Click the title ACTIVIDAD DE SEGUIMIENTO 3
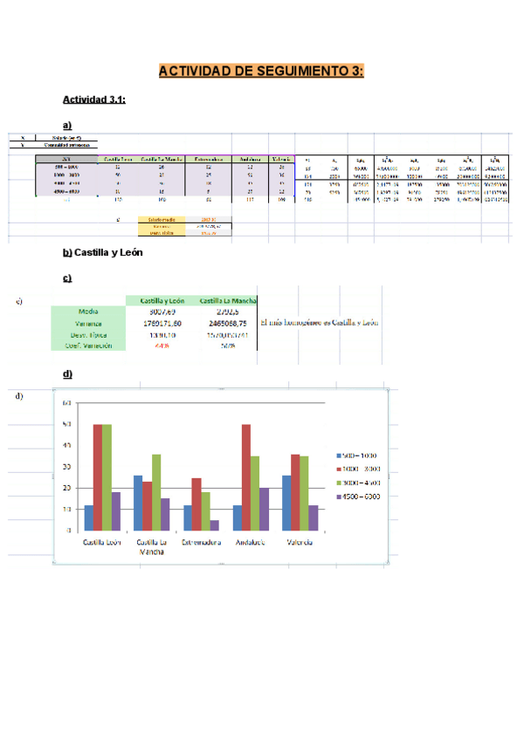coord(261,71)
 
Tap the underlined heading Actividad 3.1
coord(95,99)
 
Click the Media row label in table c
coord(87,311)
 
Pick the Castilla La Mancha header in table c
coord(228,300)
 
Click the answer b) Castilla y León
coord(102,253)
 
